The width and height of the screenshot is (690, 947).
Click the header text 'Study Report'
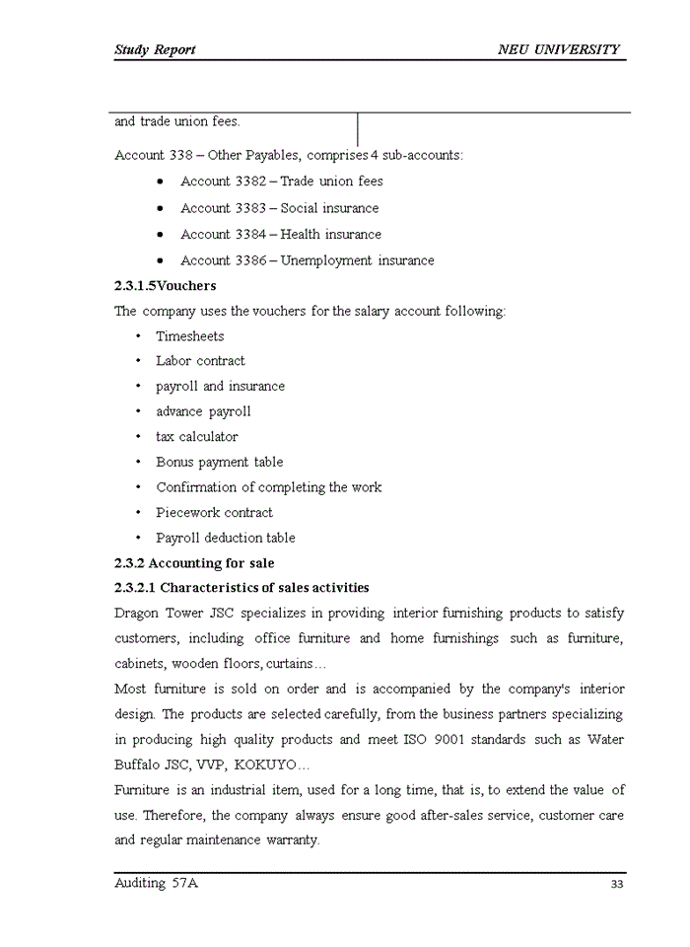pos(155,49)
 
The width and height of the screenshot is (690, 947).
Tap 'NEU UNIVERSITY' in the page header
pos(559,49)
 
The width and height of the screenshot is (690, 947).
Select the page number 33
pos(617,884)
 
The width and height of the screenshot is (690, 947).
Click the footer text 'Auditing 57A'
pos(157,883)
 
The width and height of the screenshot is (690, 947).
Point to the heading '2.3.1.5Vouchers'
pos(166,286)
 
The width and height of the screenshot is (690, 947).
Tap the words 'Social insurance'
pos(329,208)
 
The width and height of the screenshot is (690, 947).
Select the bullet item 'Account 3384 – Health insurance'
pos(280,235)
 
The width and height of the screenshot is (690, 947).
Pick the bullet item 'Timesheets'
pos(189,336)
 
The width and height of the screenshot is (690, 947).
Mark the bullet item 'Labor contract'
pos(200,361)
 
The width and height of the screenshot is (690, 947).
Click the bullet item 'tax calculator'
pos(196,437)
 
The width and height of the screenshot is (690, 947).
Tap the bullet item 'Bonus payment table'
pos(219,463)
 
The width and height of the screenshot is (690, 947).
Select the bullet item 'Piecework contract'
pos(214,513)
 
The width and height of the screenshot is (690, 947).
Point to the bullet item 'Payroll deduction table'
pos(225,539)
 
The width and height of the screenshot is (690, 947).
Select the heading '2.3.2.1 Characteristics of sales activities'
pos(241,588)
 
